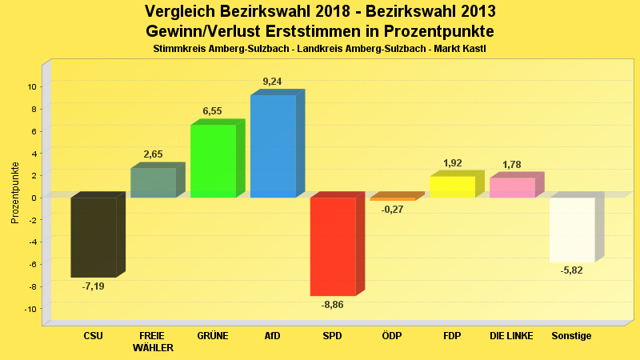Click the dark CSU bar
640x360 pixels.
pos(94,237)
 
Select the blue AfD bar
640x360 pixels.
pos(273,146)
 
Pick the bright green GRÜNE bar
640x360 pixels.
pos(213,161)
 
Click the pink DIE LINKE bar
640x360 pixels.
pos(512,187)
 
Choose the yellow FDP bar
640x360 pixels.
pos(452,186)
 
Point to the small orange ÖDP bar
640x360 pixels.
pos(393,198)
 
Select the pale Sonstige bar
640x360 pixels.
pos(572,230)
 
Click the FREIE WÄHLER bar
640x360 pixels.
pos(153,182)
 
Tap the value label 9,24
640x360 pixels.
pos(272,82)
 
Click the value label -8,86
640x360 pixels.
pos(333,305)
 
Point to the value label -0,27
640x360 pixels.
pos(392,210)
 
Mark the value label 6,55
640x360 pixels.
pos(212,111)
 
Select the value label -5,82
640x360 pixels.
pos(572,271)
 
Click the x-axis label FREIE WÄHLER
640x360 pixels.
pos(153,342)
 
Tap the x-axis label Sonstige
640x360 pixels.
pos(572,336)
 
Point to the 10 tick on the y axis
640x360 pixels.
pos(33,86)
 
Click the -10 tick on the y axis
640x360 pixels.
pos(30,309)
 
